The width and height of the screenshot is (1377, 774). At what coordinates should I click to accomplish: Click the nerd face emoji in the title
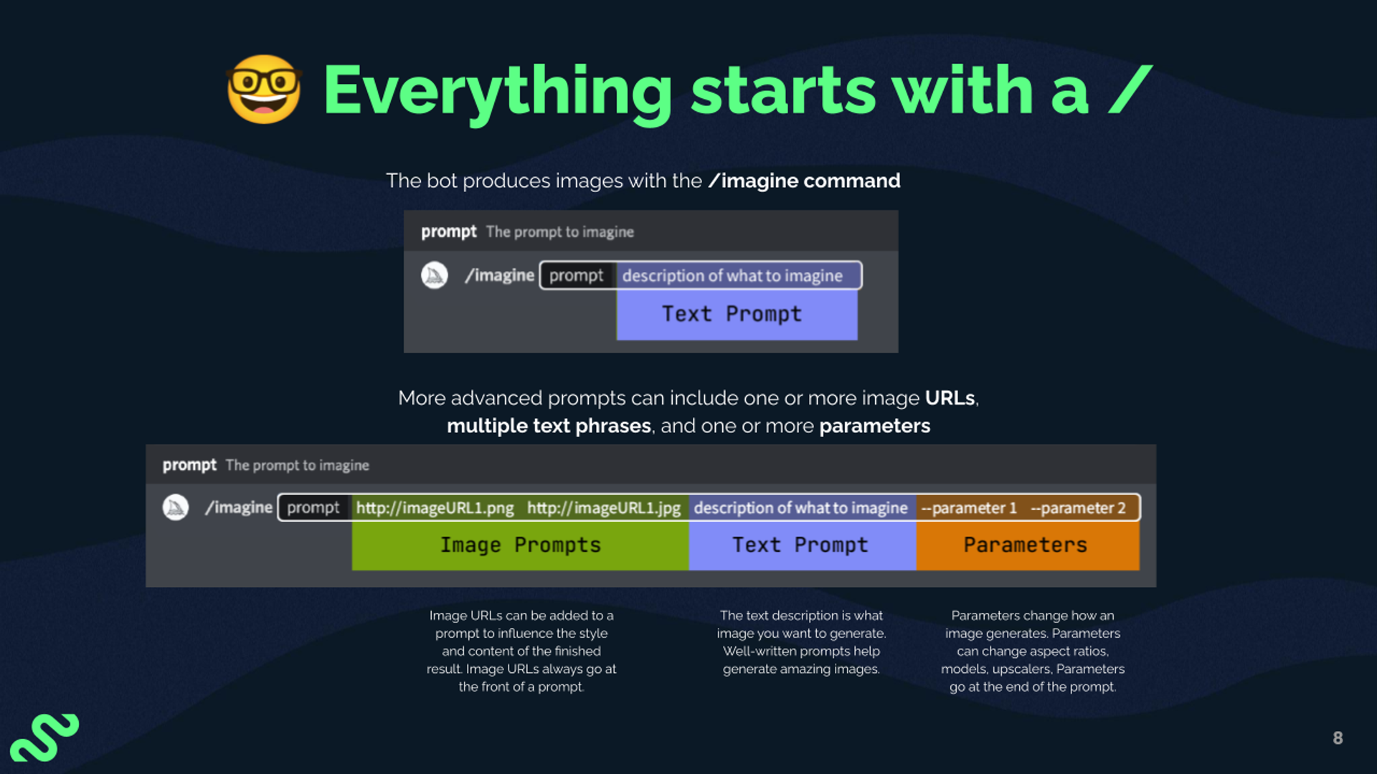pyautogui.click(x=264, y=90)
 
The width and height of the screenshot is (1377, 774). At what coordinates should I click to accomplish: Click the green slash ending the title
pyautogui.click(x=1130, y=90)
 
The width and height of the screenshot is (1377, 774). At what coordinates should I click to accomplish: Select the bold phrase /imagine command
pyautogui.click(x=804, y=181)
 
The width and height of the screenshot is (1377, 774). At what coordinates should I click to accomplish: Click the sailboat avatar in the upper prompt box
pyautogui.click(x=435, y=275)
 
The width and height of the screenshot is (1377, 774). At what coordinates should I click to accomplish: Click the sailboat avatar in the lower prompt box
pyautogui.click(x=176, y=507)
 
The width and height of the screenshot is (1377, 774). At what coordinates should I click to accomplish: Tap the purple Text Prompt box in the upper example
pyautogui.click(x=737, y=315)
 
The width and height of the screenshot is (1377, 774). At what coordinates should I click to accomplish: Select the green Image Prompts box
pyautogui.click(x=520, y=545)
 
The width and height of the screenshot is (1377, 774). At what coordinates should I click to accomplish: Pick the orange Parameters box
pyautogui.click(x=1027, y=545)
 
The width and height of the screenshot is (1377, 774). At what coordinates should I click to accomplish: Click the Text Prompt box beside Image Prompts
pyautogui.click(x=802, y=545)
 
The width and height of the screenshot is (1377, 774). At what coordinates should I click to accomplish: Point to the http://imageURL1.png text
pyautogui.click(x=435, y=508)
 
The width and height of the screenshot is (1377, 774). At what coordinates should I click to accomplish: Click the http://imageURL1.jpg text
pyautogui.click(x=603, y=508)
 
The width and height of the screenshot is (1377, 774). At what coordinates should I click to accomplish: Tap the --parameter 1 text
pyautogui.click(x=969, y=508)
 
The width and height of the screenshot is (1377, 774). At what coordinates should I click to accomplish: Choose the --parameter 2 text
pyautogui.click(x=1078, y=508)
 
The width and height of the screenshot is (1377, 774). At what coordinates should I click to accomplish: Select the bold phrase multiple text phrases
pyautogui.click(x=549, y=426)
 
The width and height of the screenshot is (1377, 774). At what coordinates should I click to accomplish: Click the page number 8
pyautogui.click(x=1338, y=738)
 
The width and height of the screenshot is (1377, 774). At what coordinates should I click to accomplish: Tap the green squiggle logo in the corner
pyautogui.click(x=44, y=737)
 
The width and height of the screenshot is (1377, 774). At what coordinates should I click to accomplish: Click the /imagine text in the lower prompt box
pyautogui.click(x=239, y=507)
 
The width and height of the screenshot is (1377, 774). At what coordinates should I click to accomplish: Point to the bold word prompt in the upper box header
pyautogui.click(x=448, y=232)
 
